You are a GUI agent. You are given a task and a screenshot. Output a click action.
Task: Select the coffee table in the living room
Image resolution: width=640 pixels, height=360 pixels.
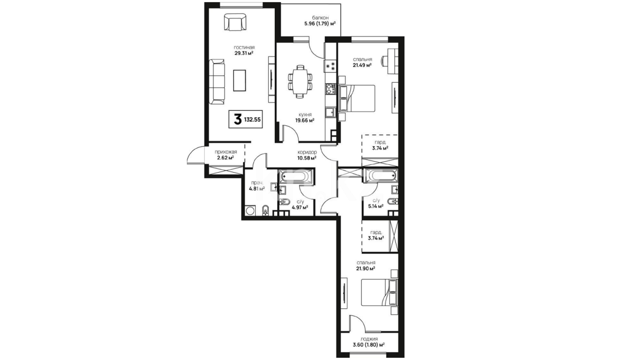(239, 80)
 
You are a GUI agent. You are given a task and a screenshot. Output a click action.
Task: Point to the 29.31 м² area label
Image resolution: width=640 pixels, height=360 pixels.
(244, 53)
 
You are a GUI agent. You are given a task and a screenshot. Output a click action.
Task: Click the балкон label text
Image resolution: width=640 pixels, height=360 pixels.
(320, 18)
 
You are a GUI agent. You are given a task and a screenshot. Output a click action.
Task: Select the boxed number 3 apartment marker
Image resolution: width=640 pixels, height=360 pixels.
(237, 119)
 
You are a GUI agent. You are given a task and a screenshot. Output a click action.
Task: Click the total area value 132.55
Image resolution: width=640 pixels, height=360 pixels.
(252, 119)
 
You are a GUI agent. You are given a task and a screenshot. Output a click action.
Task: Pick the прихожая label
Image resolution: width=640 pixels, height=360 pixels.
(226, 152)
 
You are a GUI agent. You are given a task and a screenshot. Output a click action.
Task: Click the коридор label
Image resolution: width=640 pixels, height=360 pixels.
(307, 152)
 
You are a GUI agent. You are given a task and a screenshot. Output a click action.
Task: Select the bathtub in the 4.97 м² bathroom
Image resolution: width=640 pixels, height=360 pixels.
(295, 176)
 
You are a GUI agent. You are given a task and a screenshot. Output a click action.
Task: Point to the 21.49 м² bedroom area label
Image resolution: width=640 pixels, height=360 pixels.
(363, 65)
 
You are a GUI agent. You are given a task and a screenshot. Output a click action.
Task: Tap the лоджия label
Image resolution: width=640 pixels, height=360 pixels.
(369, 339)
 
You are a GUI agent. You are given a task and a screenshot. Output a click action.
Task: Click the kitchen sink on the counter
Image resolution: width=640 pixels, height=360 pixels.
(331, 112)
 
